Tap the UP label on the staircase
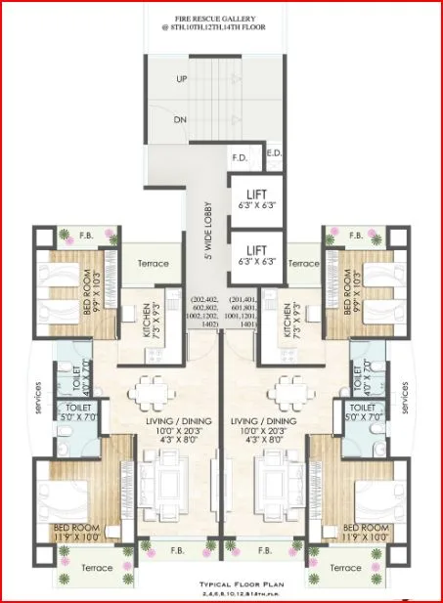[x=182, y=78]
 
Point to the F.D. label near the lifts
[x=240, y=156]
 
